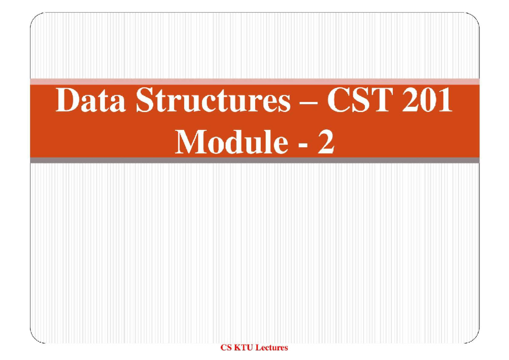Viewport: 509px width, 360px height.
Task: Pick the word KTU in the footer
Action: [244, 348]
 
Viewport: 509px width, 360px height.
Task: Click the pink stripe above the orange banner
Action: [255, 82]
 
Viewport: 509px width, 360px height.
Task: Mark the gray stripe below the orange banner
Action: [255, 160]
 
